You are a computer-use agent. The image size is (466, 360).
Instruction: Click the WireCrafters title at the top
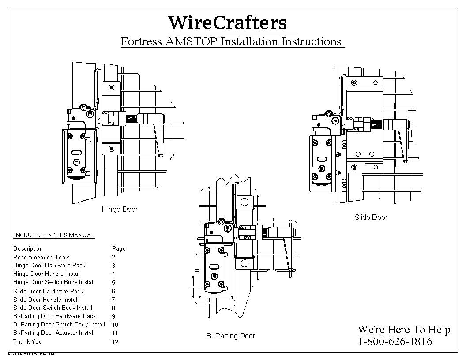(227, 22)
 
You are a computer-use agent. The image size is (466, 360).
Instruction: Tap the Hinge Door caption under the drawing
(120, 209)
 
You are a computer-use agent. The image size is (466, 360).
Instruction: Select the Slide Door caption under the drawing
(371, 217)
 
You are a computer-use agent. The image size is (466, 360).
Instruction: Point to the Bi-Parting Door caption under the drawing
(231, 336)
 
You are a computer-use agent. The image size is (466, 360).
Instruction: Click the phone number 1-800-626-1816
(395, 341)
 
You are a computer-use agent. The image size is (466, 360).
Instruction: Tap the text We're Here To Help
(403, 330)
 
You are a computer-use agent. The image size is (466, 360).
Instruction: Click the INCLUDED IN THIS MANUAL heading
(54, 235)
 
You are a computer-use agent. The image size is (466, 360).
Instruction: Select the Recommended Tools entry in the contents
(41, 257)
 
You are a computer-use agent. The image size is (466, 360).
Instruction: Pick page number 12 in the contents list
(115, 342)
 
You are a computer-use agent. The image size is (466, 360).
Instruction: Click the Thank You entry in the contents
(27, 341)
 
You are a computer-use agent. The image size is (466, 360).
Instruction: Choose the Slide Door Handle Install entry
(46, 300)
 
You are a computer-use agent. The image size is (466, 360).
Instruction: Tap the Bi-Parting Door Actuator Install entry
(54, 333)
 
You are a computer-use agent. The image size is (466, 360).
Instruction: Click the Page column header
(119, 248)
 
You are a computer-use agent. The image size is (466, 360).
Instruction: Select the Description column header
(28, 248)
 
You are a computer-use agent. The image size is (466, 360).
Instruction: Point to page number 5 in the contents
(113, 282)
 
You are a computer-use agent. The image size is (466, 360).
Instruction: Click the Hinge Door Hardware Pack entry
(49, 266)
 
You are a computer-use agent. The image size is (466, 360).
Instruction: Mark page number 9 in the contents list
(113, 316)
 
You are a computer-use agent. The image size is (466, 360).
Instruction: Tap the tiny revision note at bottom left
(31, 354)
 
